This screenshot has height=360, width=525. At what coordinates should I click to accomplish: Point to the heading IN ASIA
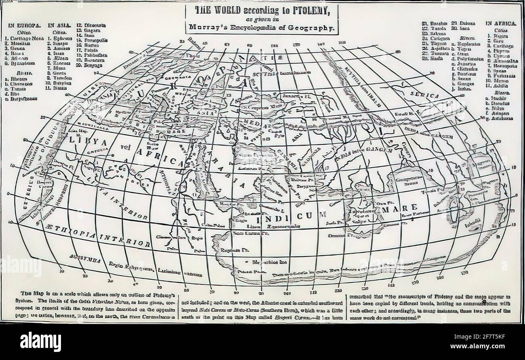click(x=60, y=25)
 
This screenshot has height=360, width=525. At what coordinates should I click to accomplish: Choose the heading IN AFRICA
click(x=501, y=23)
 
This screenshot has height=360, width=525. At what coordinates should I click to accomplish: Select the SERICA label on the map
click(x=424, y=96)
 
